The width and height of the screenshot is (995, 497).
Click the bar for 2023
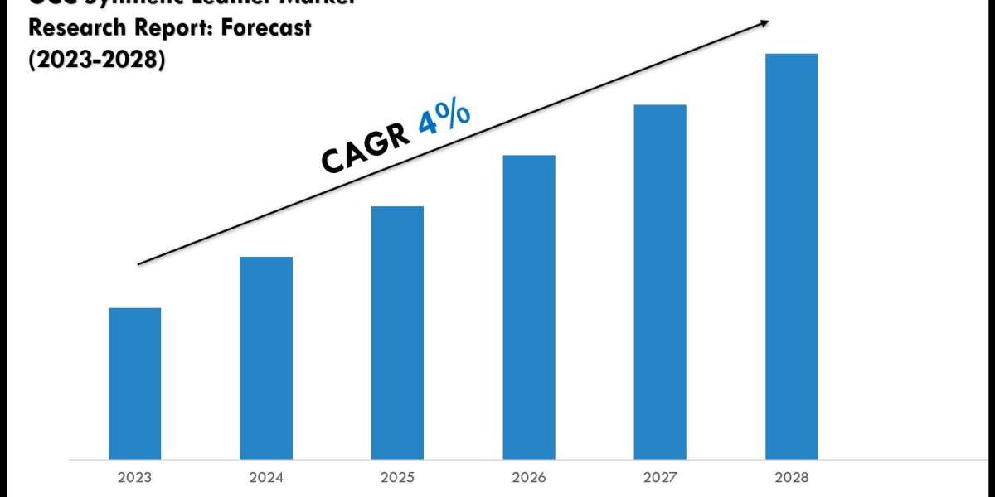coord(134,383)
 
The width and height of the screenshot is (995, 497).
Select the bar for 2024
coord(266,358)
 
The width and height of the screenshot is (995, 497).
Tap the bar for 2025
coord(397,332)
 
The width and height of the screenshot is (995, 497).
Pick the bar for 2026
coord(529,306)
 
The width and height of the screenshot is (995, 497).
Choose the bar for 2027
coord(660,282)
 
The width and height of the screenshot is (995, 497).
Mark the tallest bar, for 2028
coord(791,256)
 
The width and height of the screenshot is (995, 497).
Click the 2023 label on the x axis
coord(134,478)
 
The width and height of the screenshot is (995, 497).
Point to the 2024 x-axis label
coord(266,478)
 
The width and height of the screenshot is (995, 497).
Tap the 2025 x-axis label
coord(397,478)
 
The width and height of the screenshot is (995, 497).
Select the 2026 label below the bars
coord(529,478)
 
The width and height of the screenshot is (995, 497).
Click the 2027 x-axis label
coord(660,478)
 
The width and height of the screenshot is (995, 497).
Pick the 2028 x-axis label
coord(791,478)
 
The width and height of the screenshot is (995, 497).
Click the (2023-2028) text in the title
coord(96,60)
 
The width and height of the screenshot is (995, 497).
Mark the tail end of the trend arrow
coord(139,264)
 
